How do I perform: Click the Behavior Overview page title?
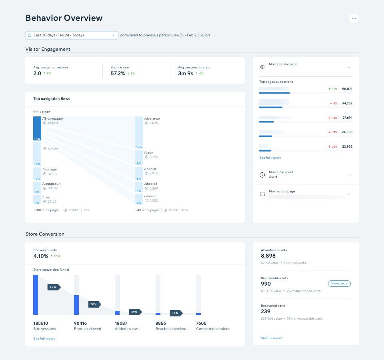tap(64, 18)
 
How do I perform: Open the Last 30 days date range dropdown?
tap(72, 35)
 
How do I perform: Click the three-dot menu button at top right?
tap(354, 18)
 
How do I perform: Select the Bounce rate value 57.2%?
tap(118, 74)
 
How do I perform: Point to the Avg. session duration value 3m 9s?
tap(186, 74)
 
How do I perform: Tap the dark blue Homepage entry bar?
tap(37, 128)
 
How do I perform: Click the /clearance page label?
tap(152, 118)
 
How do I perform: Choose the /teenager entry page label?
tap(50, 169)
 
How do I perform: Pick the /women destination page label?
tap(150, 196)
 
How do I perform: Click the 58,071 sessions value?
tap(347, 89)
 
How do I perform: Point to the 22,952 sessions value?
tap(347, 146)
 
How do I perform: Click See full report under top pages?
tap(270, 158)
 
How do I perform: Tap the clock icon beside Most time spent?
tap(262, 175)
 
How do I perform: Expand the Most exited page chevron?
tap(349, 194)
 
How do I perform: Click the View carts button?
tap(339, 283)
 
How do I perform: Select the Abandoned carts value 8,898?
tap(268, 256)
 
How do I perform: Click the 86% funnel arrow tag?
tap(176, 313)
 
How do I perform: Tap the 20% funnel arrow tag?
tap(94, 304)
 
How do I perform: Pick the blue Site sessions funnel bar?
tap(36, 295)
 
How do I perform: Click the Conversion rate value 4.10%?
tap(41, 256)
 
